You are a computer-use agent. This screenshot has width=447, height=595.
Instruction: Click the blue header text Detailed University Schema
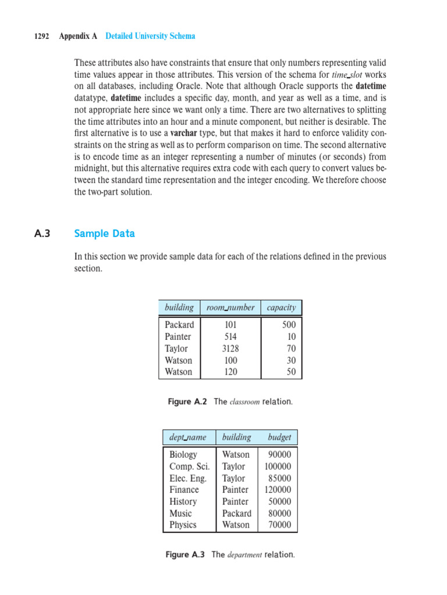tap(150, 36)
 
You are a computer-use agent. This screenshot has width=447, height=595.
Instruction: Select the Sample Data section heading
tap(104, 234)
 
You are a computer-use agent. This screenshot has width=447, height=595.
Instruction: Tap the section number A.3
tap(42, 234)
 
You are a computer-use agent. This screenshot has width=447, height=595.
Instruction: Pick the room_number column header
tap(230, 307)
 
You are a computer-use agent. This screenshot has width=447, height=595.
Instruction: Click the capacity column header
tap(281, 307)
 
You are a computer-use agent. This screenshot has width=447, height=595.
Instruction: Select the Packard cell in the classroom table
tap(179, 325)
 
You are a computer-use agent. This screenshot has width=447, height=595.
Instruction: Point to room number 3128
tap(230, 349)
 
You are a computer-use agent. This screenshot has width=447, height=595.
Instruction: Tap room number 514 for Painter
tap(230, 336)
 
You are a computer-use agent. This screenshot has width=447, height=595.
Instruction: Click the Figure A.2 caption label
tap(187, 402)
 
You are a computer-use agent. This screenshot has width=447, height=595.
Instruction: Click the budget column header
tap(279, 437)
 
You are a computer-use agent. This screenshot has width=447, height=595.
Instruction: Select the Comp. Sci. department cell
tap(190, 466)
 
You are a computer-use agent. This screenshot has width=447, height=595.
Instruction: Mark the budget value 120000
tap(278, 490)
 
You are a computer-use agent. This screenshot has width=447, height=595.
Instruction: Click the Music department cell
tap(180, 513)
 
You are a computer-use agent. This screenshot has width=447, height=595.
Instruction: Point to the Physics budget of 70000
tap(279, 525)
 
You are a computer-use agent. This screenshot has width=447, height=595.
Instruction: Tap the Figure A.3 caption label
tap(186, 555)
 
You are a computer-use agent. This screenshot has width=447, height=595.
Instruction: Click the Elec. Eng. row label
tap(188, 478)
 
